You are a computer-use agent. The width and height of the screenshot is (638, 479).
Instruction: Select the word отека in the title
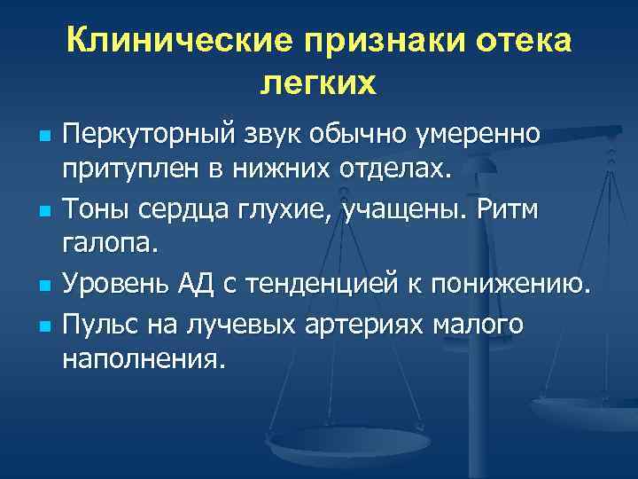point(521,41)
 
